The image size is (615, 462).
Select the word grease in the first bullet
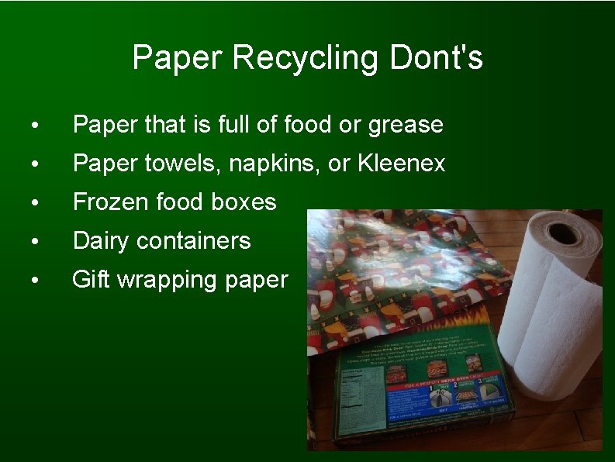click(406, 125)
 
